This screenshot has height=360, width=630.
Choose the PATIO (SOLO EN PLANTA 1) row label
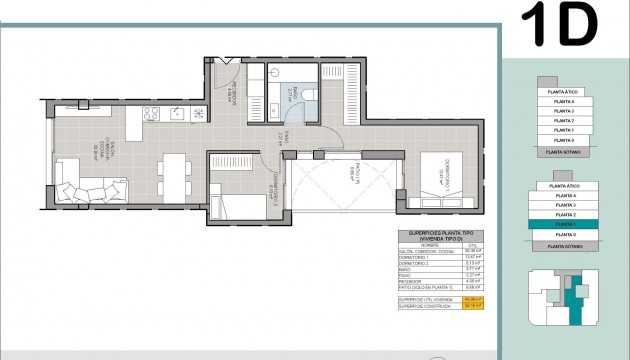tap(424, 287)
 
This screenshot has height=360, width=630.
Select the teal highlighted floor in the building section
tap(559, 225)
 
